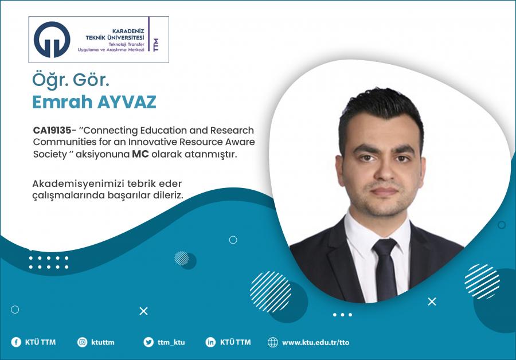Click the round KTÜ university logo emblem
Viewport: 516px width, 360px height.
pyautogui.click(x=52, y=40)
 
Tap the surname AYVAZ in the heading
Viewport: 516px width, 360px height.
pyautogui.click(x=126, y=102)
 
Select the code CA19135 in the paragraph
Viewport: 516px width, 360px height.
pyautogui.click(x=52, y=130)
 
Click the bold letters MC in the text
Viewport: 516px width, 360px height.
pyautogui.click(x=140, y=154)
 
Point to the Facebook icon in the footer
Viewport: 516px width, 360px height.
pyautogui.click(x=16, y=342)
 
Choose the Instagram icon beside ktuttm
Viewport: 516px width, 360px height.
pyautogui.click(x=82, y=342)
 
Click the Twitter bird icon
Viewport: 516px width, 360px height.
pyautogui.click(x=148, y=342)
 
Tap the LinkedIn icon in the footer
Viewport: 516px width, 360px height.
pyautogui.click(x=210, y=342)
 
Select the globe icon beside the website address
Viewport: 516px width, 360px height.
pyautogui.click(x=273, y=342)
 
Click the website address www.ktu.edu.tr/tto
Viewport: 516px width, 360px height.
pyautogui.click(x=315, y=343)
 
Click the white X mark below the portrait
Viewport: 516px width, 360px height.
pyautogui.click(x=432, y=302)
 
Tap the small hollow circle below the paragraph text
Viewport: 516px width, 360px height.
pyautogui.click(x=233, y=240)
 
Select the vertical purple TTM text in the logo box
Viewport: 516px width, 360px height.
pyautogui.click(x=156, y=44)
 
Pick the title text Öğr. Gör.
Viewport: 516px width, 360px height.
pyautogui.click(x=71, y=81)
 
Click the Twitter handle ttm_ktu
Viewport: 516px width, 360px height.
pyautogui.click(x=171, y=343)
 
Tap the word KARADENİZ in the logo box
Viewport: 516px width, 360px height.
pyautogui.click(x=128, y=32)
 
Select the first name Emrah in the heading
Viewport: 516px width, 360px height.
pyautogui.click(x=62, y=102)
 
